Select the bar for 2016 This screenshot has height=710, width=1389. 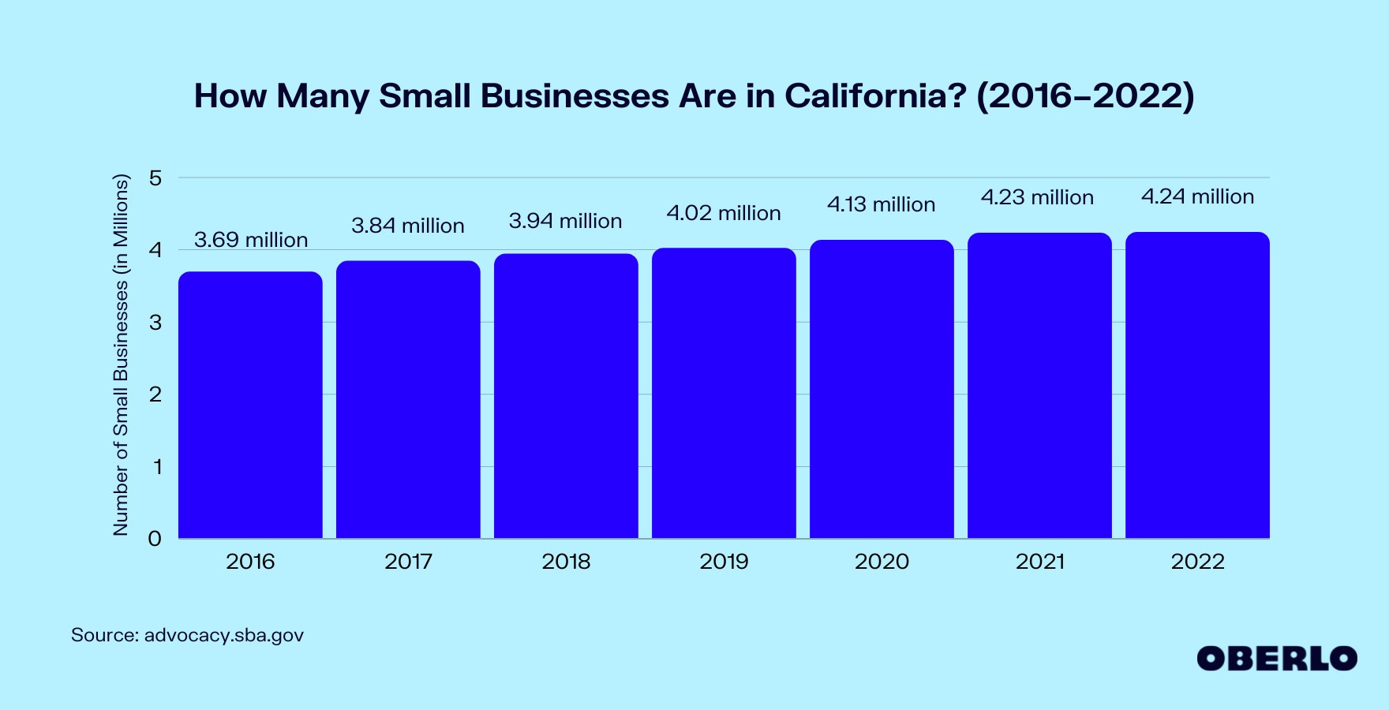(x=250, y=405)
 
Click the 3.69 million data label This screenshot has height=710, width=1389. (x=251, y=240)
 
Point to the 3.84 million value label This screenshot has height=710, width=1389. (x=407, y=226)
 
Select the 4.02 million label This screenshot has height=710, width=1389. (x=723, y=213)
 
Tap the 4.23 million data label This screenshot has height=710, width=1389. (x=1037, y=197)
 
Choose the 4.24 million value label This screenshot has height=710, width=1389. (x=1197, y=196)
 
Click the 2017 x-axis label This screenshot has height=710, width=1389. (x=408, y=562)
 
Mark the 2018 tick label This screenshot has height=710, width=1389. (x=566, y=562)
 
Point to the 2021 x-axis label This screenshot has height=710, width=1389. (x=1039, y=562)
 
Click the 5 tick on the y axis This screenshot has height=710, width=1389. (x=155, y=178)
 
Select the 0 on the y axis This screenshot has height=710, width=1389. (x=155, y=539)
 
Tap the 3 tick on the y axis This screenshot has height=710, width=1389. (x=155, y=323)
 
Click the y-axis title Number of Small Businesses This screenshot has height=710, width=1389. (x=121, y=355)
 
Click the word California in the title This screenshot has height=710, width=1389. (x=874, y=96)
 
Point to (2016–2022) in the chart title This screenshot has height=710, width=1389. (x=1085, y=96)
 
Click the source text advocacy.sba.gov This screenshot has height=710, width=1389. (x=223, y=635)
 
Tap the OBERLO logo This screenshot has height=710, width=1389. (x=1276, y=659)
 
